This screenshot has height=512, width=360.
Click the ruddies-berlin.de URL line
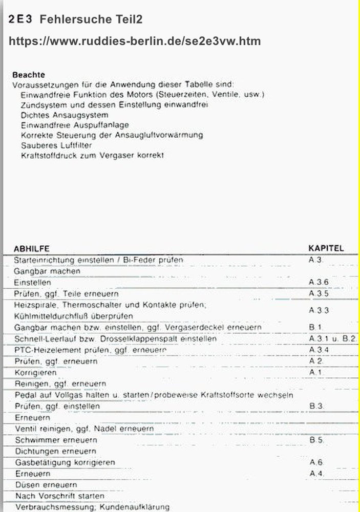[135, 41]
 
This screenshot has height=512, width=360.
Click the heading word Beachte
[28, 75]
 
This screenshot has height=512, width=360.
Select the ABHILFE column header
[31, 248]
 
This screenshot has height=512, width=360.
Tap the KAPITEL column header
[326, 248]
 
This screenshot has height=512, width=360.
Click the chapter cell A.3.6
[319, 283]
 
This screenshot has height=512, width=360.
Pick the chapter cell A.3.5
[319, 294]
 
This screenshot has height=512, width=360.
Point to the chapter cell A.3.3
[319, 311]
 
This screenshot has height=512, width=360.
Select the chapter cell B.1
[315, 327]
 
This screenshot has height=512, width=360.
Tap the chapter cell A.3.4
[319, 350]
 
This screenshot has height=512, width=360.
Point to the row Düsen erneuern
[46, 485]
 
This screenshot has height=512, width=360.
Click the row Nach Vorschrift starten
[60, 496]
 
